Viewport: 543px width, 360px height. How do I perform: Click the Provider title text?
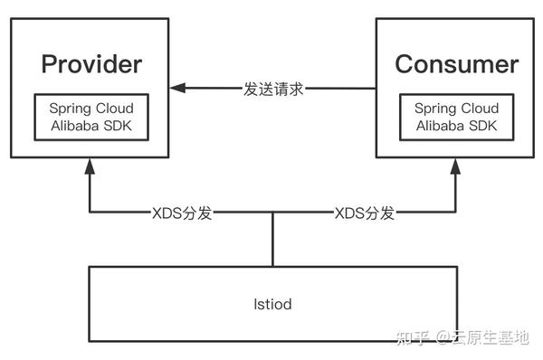coord(91,65)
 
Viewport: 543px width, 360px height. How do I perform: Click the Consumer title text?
coord(457,65)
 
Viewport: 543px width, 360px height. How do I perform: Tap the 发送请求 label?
coord(273,89)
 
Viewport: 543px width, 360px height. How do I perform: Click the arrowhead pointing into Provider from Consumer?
coord(178,89)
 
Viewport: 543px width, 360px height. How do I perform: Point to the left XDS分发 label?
coord(182,213)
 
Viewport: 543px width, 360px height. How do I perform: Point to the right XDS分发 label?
coord(365,213)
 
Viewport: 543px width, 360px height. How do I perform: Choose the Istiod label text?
coord(271,304)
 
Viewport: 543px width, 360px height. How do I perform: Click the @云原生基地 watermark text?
coord(481,337)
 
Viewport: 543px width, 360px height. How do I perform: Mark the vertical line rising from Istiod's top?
coord(272,240)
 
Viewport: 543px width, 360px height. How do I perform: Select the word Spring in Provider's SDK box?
coord(71,108)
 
